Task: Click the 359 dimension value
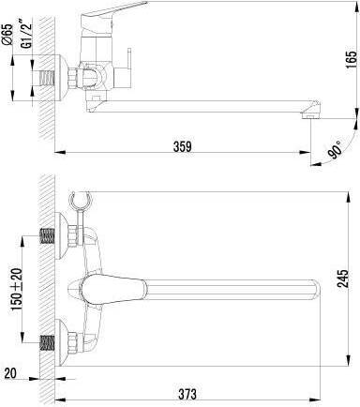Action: pos(182,146)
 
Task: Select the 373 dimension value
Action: pos(187,394)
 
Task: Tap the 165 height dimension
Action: pos(352,59)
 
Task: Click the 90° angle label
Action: pos(336,150)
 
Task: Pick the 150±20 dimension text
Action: pos(16,289)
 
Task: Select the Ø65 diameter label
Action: pos(8,34)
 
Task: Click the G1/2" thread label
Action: pos(28,34)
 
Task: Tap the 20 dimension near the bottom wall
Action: pos(10,373)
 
